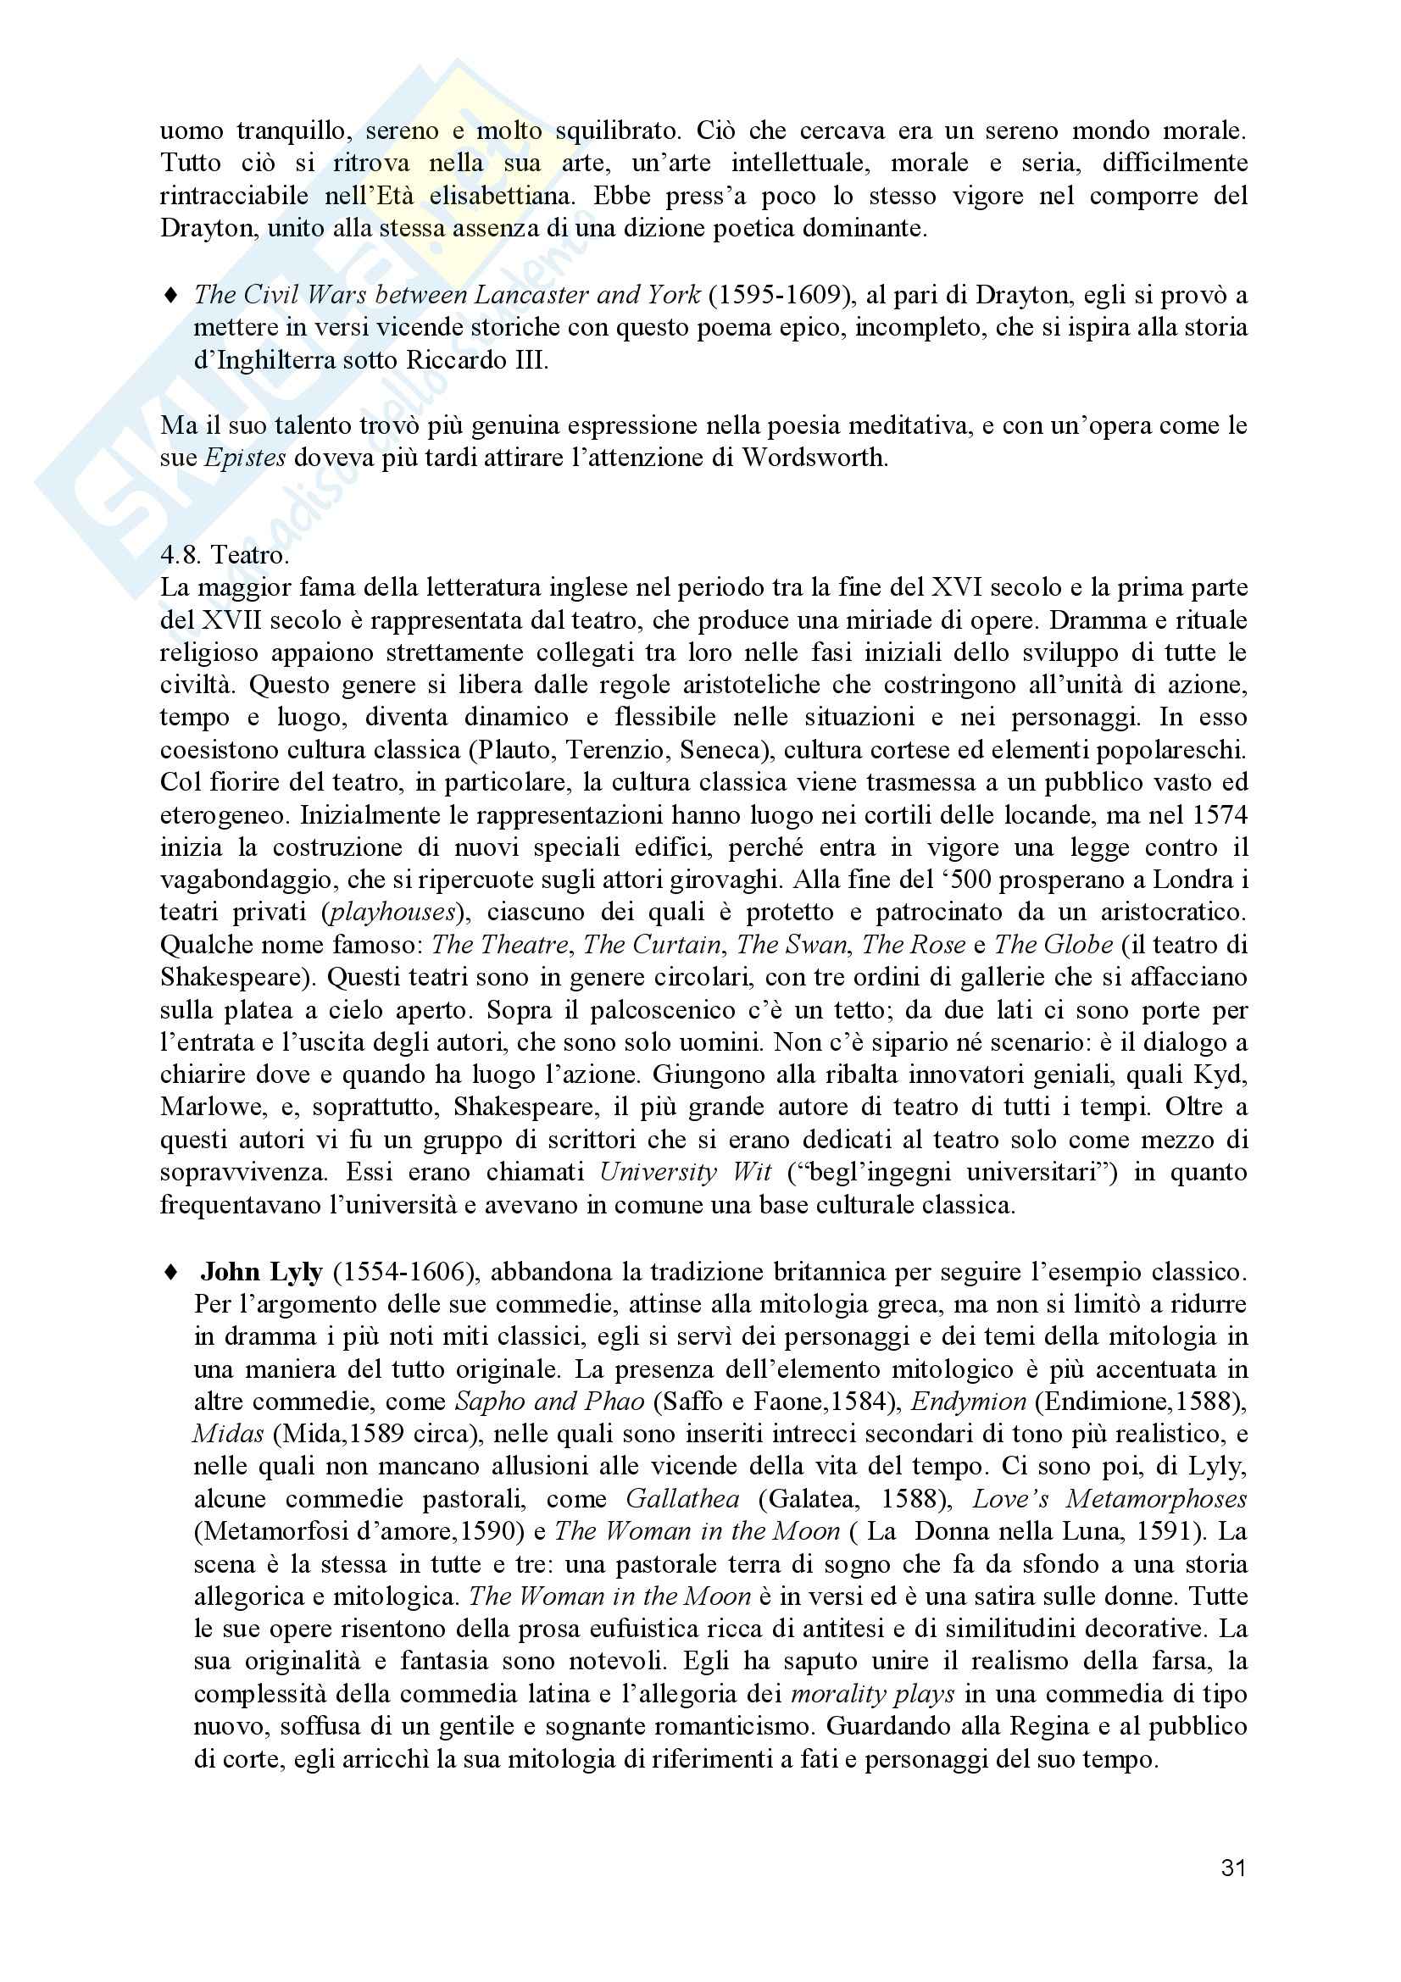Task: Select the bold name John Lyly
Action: [x=262, y=1272]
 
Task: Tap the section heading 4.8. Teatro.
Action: [x=225, y=554]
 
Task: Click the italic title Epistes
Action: [x=245, y=458]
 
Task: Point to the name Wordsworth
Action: [x=814, y=458]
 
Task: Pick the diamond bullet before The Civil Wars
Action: [x=171, y=295]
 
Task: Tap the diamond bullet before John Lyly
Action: [x=171, y=1272]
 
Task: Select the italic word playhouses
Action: [x=393, y=913]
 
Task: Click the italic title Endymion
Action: [x=969, y=1401]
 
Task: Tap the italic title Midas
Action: [x=228, y=1434]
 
